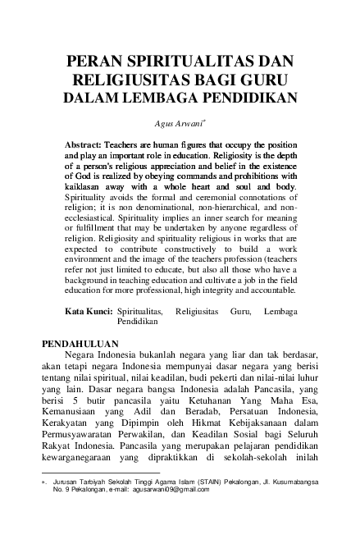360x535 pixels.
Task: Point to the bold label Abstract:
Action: point(89,143)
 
